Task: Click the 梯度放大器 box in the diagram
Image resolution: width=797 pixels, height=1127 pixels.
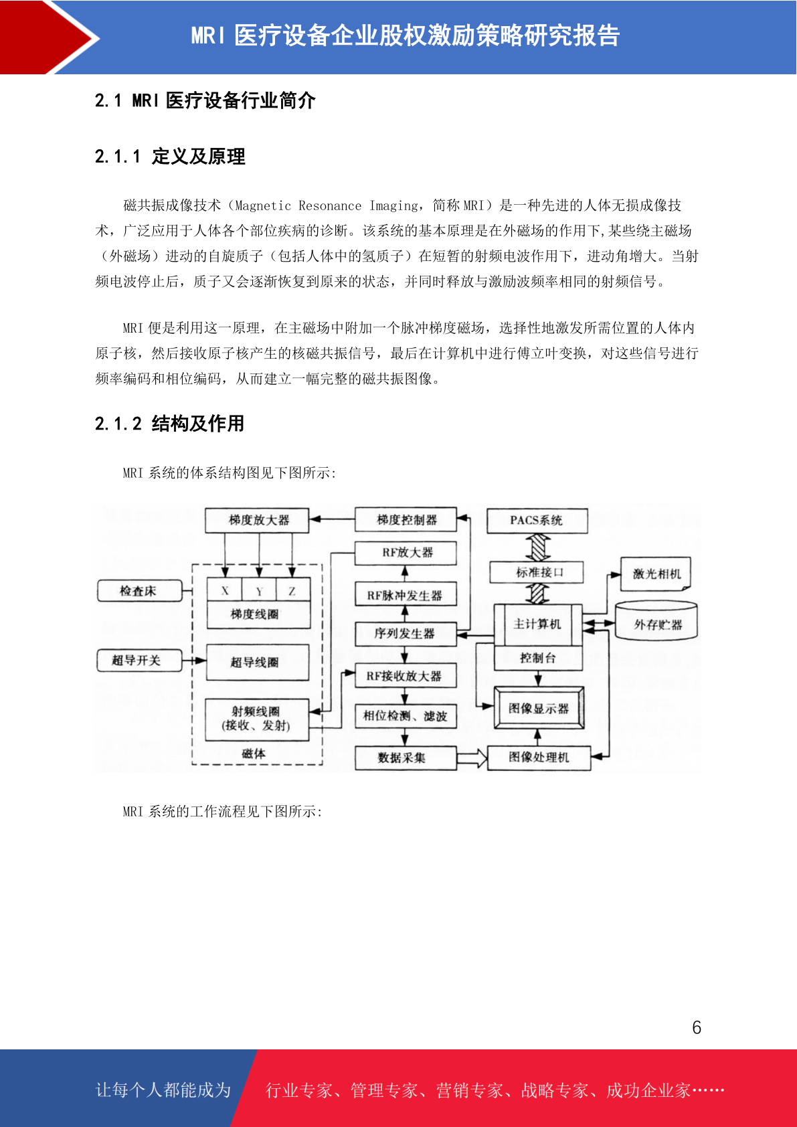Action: (x=256, y=520)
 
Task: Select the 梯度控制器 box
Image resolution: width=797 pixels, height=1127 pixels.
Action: (x=406, y=520)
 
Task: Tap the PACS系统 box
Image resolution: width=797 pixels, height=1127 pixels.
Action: (x=537, y=521)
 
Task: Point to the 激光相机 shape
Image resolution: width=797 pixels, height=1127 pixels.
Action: (x=656, y=574)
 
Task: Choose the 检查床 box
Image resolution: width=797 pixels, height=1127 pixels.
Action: (x=139, y=591)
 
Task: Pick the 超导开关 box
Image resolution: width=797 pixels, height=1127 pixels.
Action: (x=139, y=660)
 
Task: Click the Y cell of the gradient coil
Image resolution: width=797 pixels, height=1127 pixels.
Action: (x=258, y=591)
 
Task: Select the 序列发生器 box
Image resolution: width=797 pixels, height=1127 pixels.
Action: (x=406, y=634)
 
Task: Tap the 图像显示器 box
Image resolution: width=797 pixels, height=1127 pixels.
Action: (x=539, y=708)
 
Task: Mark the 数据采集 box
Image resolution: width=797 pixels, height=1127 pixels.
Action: (x=406, y=758)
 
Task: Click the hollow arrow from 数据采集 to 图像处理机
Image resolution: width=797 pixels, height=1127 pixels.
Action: (x=472, y=758)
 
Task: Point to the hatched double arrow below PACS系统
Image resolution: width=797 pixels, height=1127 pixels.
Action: (x=538, y=547)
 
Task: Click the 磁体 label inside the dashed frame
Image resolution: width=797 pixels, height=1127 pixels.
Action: (x=254, y=753)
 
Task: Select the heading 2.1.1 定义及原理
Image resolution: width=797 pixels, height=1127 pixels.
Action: (x=170, y=157)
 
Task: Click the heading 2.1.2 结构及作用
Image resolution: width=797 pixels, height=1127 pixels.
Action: (x=169, y=424)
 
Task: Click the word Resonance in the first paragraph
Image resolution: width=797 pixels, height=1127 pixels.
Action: (x=329, y=205)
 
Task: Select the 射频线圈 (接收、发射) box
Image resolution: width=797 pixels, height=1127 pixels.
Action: (x=256, y=719)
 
